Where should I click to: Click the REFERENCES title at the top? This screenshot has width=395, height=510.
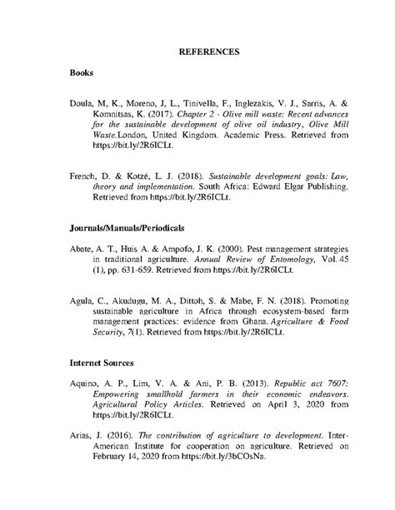click(210, 52)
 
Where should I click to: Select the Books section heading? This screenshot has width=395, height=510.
click(82, 73)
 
